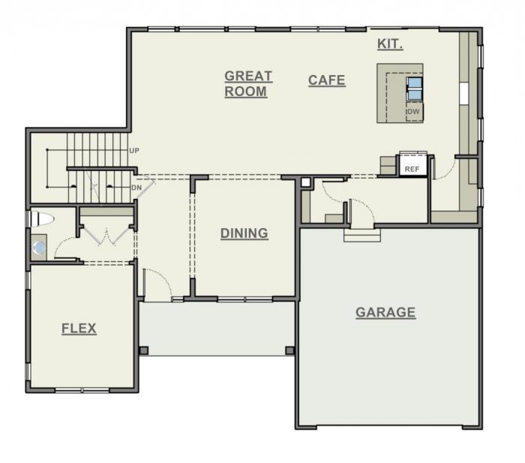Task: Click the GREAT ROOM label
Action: click(247, 83)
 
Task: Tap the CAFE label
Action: click(326, 80)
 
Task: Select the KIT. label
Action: click(389, 44)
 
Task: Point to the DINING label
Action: click(244, 233)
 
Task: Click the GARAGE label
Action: click(385, 312)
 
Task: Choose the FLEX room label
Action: click(79, 329)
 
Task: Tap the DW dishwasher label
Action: click(412, 113)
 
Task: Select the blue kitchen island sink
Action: click(414, 89)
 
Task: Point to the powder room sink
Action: click(39, 246)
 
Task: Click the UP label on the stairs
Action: click(134, 151)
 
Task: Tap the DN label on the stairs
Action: click(136, 188)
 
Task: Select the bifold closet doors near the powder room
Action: click(106, 236)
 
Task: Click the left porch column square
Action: click(144, 350)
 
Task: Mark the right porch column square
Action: click(289, 350)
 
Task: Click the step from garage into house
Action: click(362, 235)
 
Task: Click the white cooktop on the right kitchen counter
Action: click(464, 92)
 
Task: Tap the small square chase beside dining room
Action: click(305, 182)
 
